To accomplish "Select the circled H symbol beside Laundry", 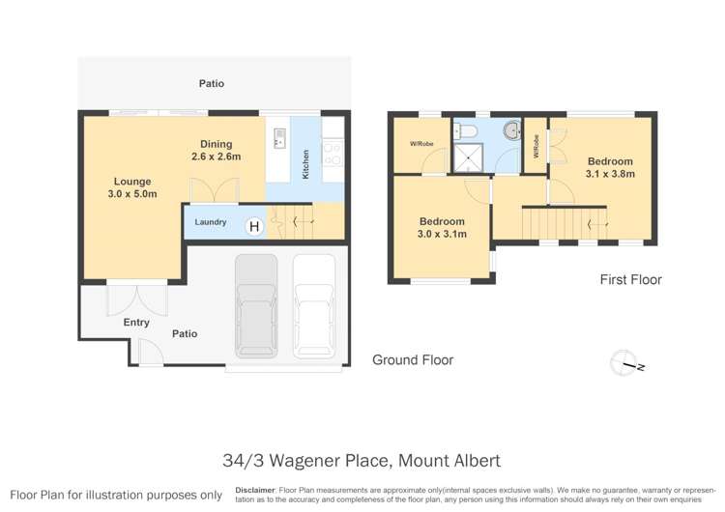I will pos(254,226).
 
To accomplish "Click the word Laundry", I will pos(210,223).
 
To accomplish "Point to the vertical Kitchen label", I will pos(306,161).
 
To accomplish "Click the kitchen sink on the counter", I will pos(279,137).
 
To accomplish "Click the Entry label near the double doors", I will pos(136,323).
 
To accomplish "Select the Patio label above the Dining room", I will pos(212,84).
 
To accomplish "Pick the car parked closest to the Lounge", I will pos(255,304).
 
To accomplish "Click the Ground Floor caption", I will pos(413,360).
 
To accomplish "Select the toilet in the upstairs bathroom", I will pos(466,130).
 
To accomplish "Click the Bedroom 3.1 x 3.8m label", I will pos(609,168).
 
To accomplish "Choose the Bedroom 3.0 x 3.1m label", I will pos(441,227).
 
